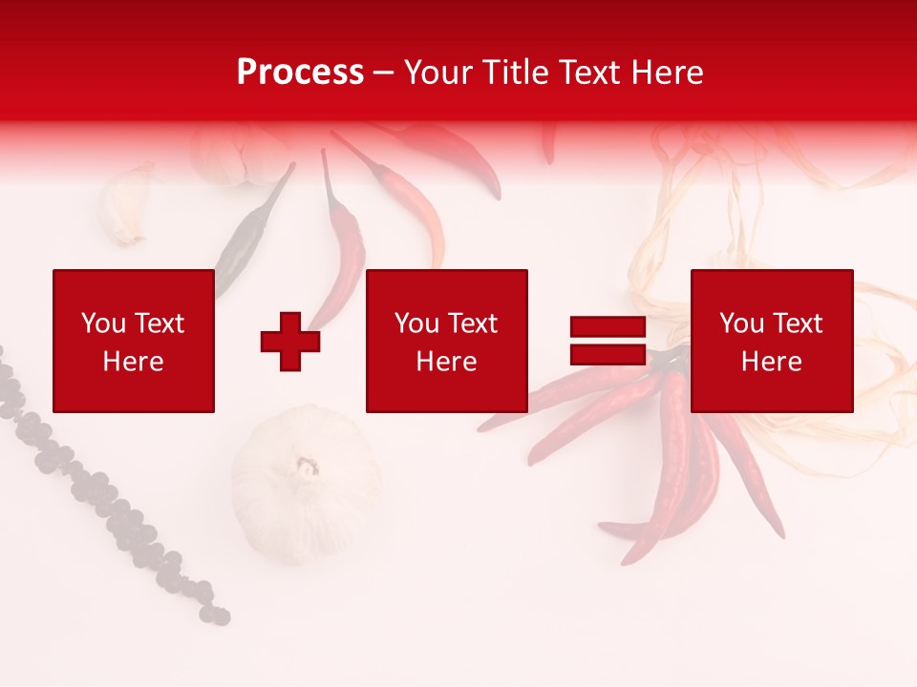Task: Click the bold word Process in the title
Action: (300, 72)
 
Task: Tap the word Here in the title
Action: (666, 72)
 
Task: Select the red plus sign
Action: (290, 342)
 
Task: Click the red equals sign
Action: (608, 341)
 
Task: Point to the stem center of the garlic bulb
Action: (307, 467)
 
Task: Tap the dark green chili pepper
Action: (250, 234)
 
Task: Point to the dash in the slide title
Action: (383, 73)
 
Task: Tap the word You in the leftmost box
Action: (103, 323)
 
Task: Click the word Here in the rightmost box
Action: (772, 362)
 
